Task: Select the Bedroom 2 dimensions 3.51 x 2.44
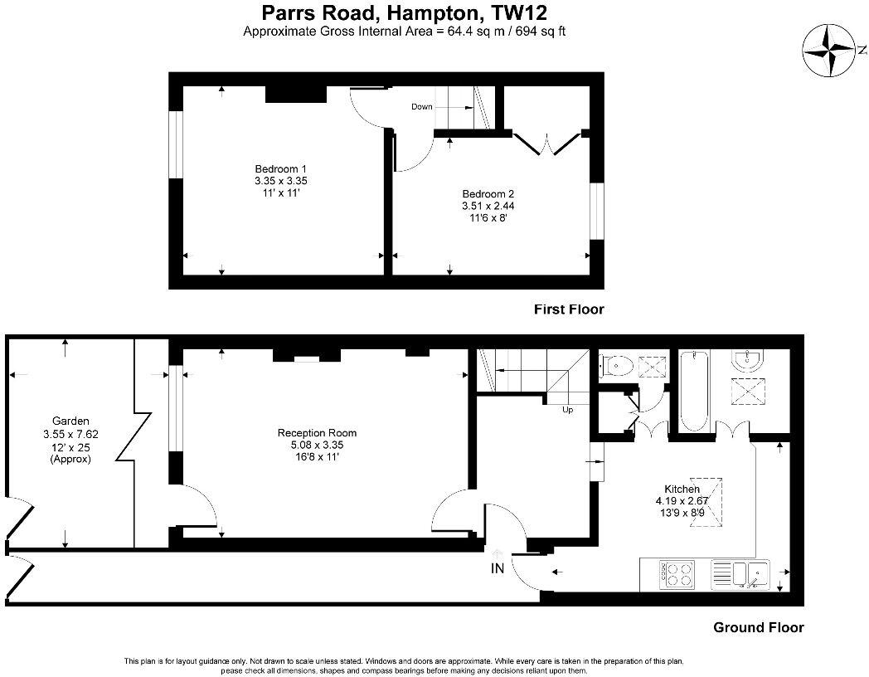tap(493, 205)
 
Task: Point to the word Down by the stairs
tap(422, 106)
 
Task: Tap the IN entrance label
tap(498, 568)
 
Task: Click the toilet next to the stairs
tap(617, 366)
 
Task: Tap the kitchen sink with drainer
tap(742, 573)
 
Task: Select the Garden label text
tap(70, 421)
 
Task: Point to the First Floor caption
tap(568, 309)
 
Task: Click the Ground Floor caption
tap(758, 627)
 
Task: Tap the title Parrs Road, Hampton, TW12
tap(404, 12)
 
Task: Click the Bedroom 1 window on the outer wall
tap(175, 143)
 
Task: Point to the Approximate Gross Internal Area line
tap(404, 32)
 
